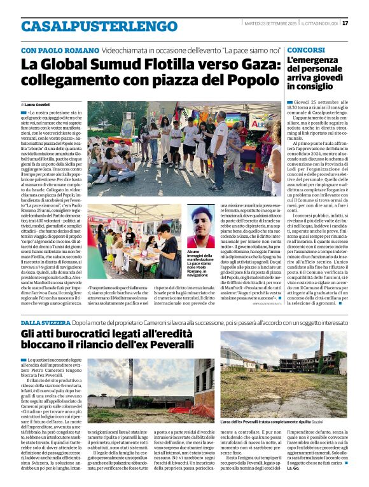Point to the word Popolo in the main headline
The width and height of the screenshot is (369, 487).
pos(242,81)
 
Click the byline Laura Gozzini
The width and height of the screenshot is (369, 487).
pos(39,104)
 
